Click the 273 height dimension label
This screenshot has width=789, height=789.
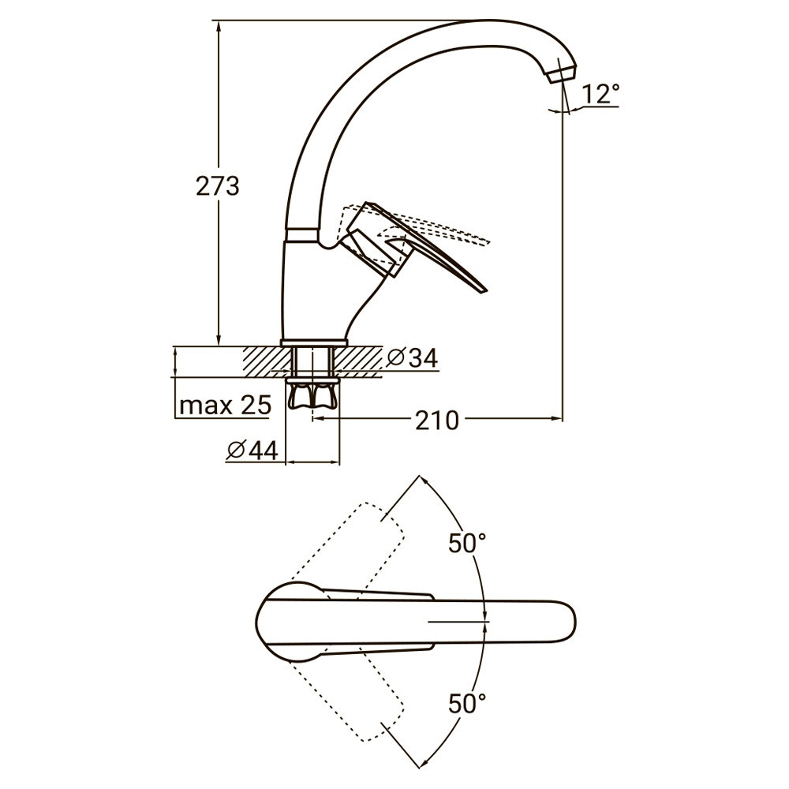216,187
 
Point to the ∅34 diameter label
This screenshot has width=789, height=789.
412,357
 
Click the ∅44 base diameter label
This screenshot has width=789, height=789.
252,450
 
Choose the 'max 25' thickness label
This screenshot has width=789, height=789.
225,406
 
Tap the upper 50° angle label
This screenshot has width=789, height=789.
467,543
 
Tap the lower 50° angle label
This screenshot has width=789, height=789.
467,701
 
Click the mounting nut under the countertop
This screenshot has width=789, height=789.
313,394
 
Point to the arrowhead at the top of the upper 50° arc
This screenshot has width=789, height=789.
421,480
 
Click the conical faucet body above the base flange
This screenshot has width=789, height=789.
316,292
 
